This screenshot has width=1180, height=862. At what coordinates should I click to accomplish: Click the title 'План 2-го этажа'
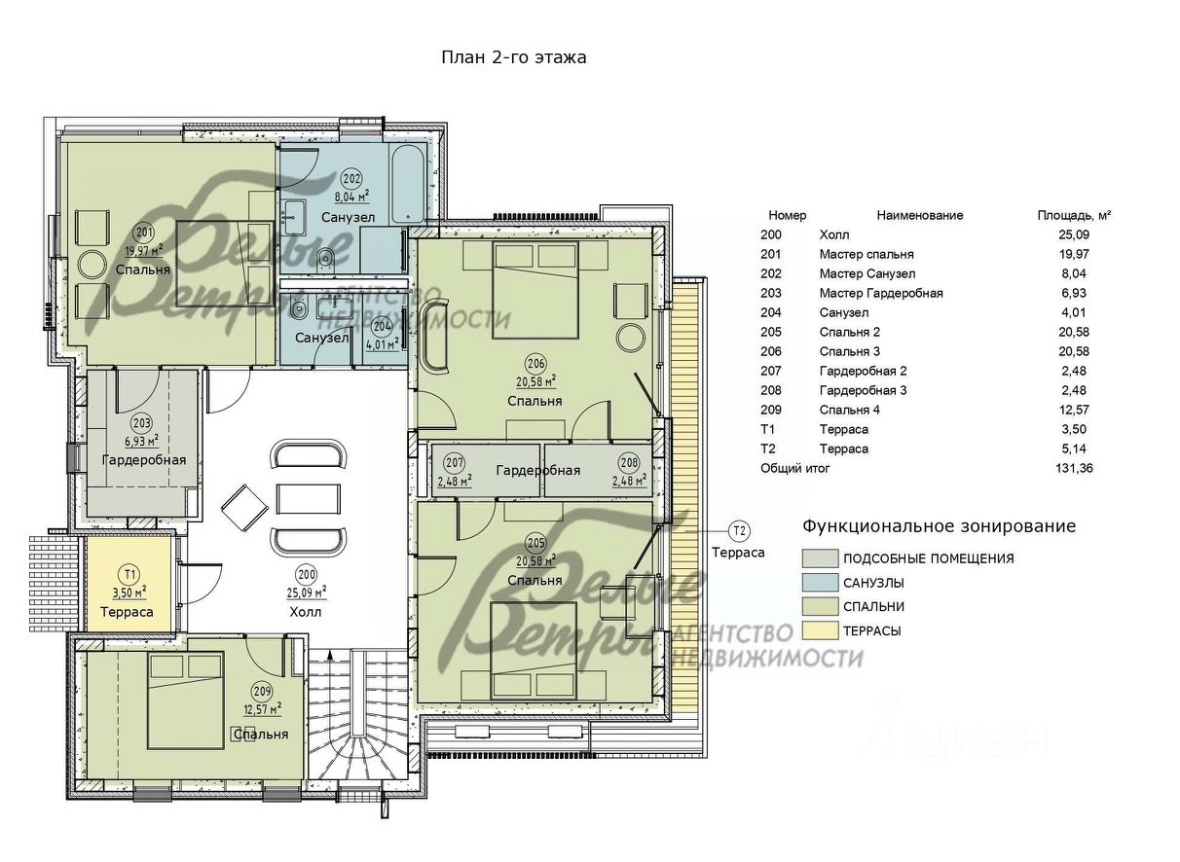pos(514,56)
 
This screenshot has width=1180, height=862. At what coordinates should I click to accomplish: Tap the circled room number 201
pos(144,233)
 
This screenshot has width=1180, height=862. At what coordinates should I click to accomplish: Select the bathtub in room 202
pos(407,183)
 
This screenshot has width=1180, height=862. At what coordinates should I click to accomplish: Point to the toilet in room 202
pos(326,258)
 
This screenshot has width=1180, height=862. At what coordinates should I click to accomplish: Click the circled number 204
pos(382,327)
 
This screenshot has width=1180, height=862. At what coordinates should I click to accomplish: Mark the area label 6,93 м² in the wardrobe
pos(140,440)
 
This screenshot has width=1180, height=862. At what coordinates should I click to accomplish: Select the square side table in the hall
pos(244,508)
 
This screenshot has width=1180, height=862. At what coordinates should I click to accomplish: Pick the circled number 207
pos(454,463)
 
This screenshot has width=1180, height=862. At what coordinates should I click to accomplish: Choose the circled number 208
pos(630,463)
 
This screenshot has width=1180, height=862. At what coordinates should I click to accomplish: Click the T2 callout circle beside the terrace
pos(740,531)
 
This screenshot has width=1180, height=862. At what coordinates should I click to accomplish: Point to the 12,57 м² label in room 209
pos(262,709)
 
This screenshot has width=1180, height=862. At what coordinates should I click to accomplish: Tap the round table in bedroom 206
pos(631,338)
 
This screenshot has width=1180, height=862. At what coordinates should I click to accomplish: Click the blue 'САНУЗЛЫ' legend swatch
pos(820,583)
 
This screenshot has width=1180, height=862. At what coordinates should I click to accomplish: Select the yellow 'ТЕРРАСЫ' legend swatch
pos(820,630)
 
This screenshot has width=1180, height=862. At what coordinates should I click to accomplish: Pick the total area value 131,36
pos(1074,468)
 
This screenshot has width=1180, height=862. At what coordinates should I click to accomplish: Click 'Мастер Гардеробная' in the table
pos(881,293)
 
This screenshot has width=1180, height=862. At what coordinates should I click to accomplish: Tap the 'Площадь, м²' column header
pos(1074,215)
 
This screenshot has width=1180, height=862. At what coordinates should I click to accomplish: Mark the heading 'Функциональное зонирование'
pos(939,526)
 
